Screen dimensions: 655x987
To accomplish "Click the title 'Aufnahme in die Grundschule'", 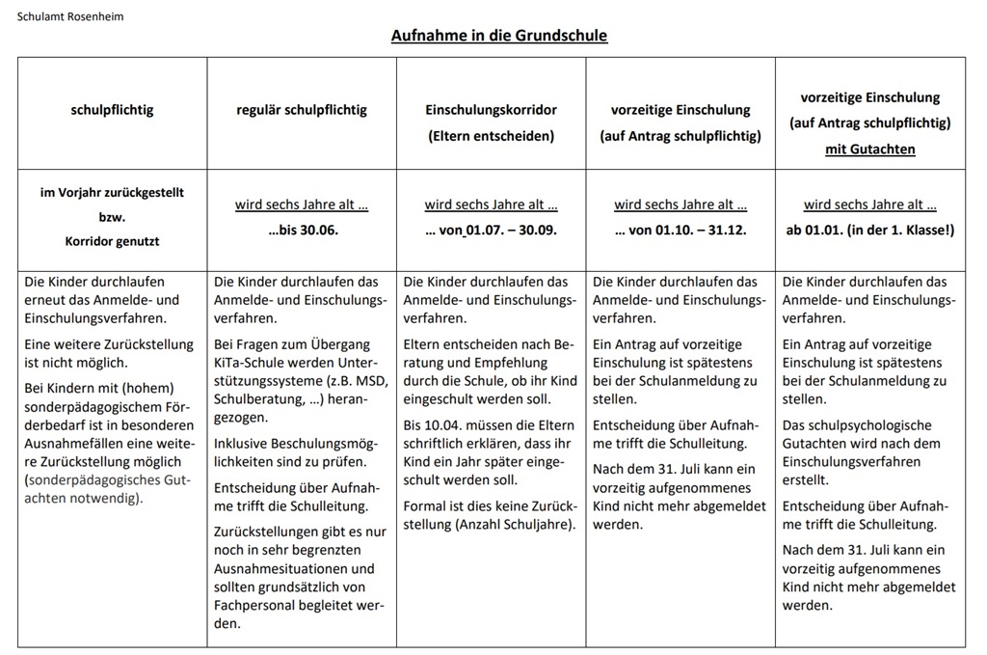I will point(498,36).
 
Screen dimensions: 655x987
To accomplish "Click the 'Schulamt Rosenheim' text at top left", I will point(70,16).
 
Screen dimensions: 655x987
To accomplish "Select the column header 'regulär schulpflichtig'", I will point(302,110).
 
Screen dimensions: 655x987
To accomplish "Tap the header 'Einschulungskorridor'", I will point(491,110).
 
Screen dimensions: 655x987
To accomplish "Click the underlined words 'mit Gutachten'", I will point(869,150).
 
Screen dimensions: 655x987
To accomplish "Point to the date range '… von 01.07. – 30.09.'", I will point(491,231).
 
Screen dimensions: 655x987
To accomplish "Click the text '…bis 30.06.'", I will point(303,231).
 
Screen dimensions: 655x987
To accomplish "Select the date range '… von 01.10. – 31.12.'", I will point(680,231).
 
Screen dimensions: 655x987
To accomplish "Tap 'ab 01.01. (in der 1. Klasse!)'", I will point(869,231).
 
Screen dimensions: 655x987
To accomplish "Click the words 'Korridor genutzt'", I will point(112,242).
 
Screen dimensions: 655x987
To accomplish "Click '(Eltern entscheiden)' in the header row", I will point(491,136).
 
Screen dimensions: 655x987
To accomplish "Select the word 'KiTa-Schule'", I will point(250,362).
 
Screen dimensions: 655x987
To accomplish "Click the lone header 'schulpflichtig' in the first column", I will point(112,110).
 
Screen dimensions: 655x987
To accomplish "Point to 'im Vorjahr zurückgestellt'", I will point(112,193).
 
